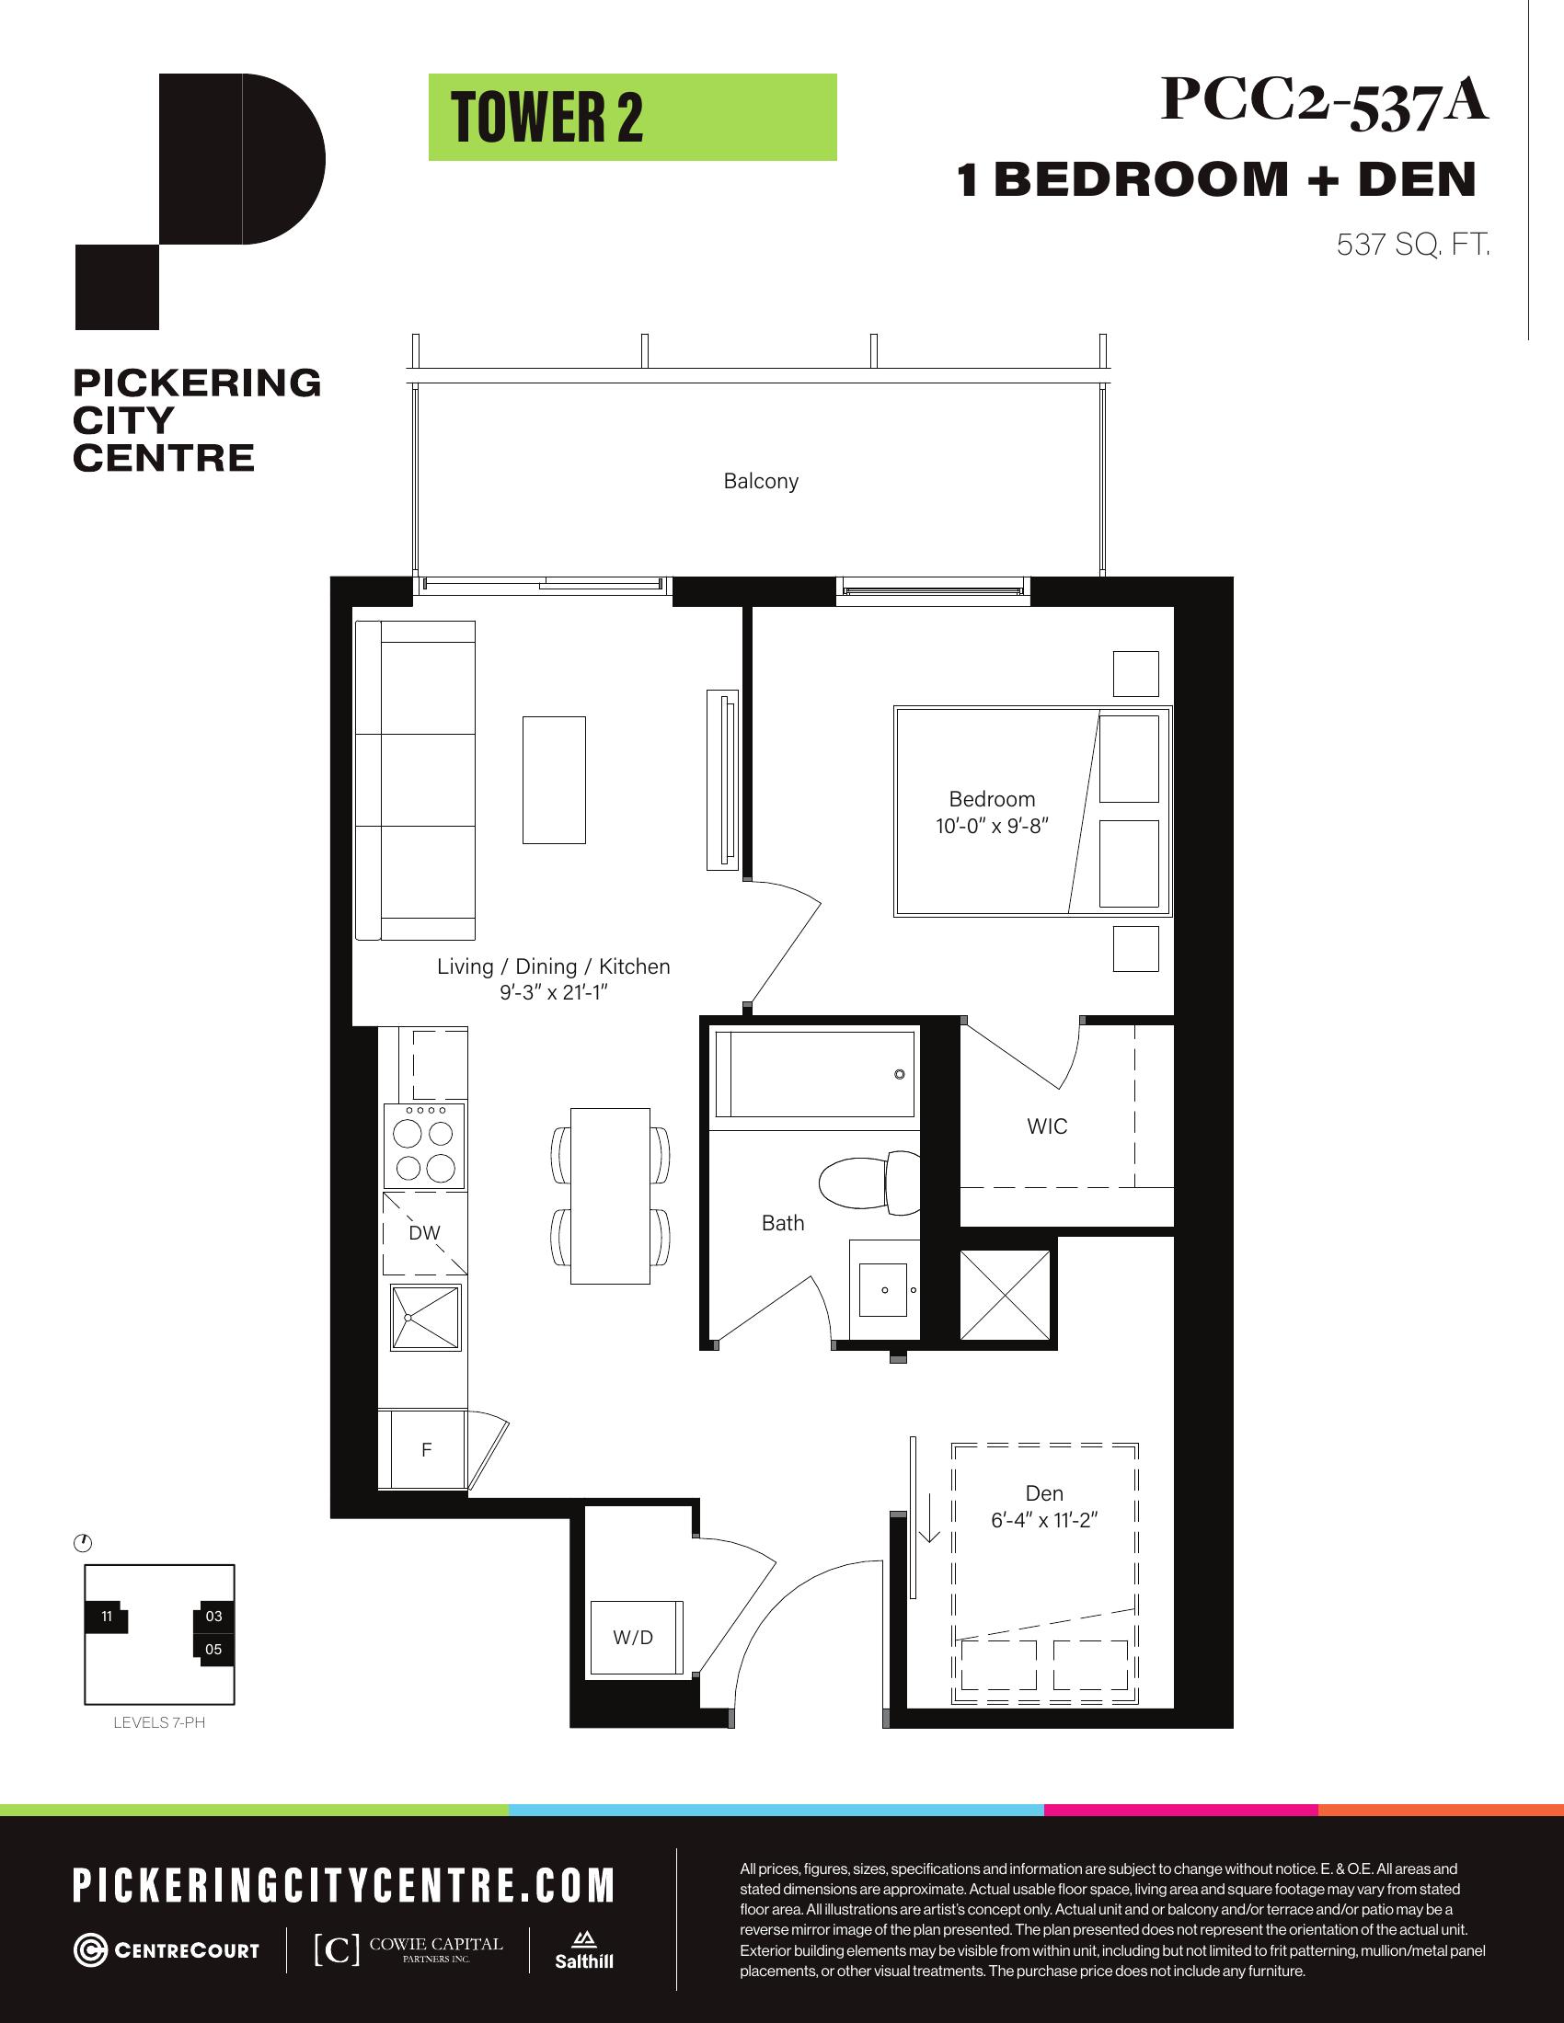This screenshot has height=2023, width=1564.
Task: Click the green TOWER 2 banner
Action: point(632,118)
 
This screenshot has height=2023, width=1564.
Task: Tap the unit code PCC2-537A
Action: point(1325,100)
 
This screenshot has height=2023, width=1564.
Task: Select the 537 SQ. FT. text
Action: point(1413,245)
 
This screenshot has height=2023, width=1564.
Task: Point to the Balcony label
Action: point(761,481)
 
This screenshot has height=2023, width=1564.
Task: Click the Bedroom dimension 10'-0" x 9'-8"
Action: point(992,826)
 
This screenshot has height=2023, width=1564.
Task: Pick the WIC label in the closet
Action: point(1047,1126)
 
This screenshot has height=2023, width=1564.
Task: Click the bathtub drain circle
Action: point(900,1074)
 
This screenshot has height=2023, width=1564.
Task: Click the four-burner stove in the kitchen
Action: point(425,1147)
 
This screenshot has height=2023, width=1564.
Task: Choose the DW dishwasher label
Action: point(424,1233)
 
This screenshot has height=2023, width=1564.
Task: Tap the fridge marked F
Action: point(427,1449)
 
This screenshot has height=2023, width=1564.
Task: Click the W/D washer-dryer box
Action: point(637,1638)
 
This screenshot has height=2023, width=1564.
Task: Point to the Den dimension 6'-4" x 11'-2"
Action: point(1044,1520)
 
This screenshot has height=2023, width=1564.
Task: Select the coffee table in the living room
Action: point(554,780)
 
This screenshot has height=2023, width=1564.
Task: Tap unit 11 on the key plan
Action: point(107,1617)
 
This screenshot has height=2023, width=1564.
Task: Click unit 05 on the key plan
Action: point(214,1649)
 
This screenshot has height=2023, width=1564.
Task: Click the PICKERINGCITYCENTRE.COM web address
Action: point(344,1886)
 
